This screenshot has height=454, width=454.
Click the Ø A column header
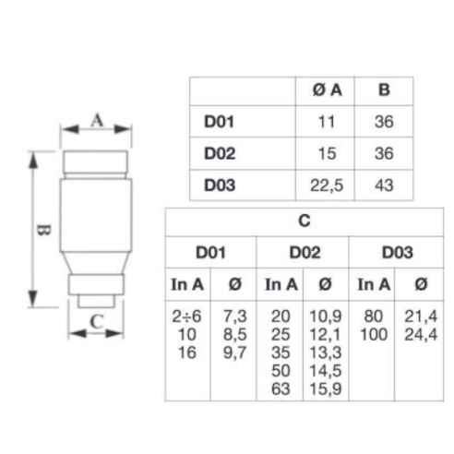(327, 90)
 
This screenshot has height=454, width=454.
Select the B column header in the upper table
(384, 90)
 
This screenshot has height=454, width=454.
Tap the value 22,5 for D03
(327, 185)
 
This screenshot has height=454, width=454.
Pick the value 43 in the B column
(384, 185)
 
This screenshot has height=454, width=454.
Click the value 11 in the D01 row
(327, 122)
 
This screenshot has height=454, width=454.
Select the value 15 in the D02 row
(327, 153)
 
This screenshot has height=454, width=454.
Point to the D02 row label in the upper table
(220, 153)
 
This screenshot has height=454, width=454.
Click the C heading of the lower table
(305, 221)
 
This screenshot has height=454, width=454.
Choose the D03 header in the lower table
(397, 253)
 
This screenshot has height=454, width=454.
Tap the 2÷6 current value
(186, 317)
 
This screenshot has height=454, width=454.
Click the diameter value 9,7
(234, 352)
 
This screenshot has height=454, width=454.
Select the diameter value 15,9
(326, 388)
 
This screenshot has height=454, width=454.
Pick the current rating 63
(281, 388)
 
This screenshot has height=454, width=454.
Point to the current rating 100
(374, 334)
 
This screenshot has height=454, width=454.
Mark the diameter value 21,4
(421, 317)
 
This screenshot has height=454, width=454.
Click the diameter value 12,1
(326, 334)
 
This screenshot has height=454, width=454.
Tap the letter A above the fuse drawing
(97, 120)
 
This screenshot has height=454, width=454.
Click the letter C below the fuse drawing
(97, 322)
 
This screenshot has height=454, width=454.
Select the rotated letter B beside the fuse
(43, 230)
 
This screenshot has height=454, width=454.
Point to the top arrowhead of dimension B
(33, 160)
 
